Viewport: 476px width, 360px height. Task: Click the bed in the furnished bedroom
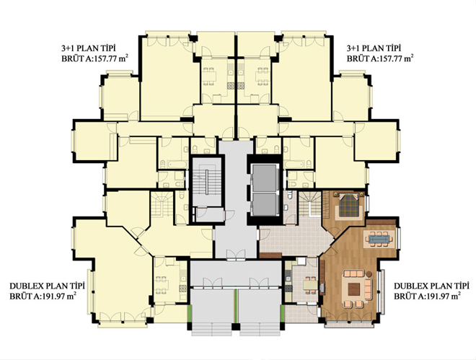coord(348,204)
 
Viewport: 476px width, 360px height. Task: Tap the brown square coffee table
coord(353,289)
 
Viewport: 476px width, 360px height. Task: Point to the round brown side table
coord(369,273)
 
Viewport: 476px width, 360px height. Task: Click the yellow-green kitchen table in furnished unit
coord(310,285)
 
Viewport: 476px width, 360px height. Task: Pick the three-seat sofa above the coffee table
coord(353,274)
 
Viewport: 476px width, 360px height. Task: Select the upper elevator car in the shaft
coord(265,178)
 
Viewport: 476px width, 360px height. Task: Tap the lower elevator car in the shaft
coord(265,204)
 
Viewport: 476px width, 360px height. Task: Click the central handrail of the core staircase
coord(206,181)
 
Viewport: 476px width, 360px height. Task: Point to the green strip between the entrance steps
coord(236,306)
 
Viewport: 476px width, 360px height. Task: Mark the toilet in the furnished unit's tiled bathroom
coord(289,196)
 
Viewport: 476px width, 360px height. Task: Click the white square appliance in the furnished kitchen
coord(301,260)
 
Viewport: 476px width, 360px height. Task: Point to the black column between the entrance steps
coord(236,327)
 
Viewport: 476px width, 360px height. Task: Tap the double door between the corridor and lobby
coord(236,255)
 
